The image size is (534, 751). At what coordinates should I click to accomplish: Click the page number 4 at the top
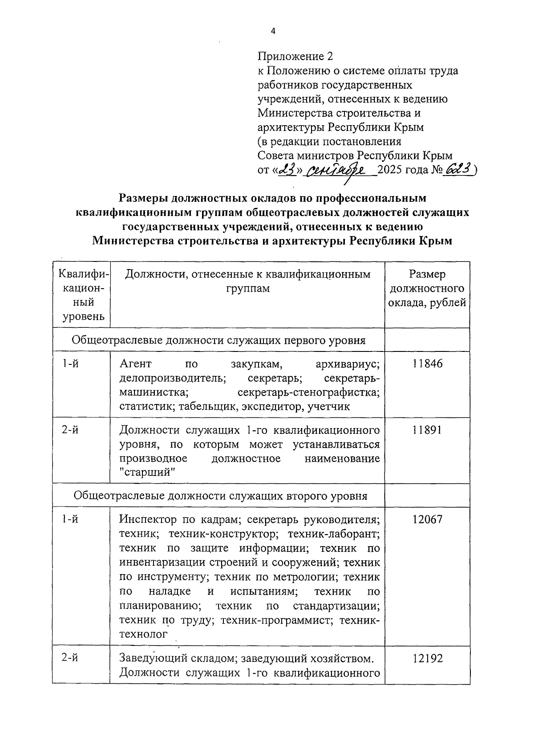tap(273, 31)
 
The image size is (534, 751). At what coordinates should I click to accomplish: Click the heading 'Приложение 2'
tap(295, 57)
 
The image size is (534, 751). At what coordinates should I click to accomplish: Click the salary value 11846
tap(427, 364)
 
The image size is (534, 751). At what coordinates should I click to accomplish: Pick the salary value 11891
tap(427, 430)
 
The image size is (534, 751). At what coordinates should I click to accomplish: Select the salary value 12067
tap(427, 519)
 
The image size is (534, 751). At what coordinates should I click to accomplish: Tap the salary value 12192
tap(427, 659)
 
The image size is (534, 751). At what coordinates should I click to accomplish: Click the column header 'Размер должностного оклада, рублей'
tap(427, 289)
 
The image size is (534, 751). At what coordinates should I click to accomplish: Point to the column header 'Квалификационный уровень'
tap(81, 296)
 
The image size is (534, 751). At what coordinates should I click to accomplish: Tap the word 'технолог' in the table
tap(143, 634)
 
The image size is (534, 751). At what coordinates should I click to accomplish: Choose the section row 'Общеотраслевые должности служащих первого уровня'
tap(218, 341)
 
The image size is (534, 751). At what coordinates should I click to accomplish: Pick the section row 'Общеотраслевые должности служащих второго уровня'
tap(220, 496)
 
